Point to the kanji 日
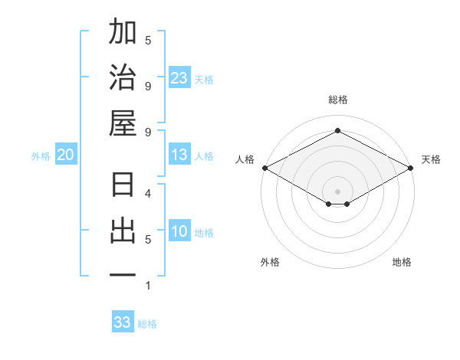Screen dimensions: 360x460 (x=123, y=186)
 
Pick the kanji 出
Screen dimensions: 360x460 (x=123, y=231)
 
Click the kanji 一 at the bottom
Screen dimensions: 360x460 (x=123, y=274)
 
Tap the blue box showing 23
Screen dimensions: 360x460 (x=179, y=78)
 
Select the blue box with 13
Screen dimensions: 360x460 (x=179, y=155)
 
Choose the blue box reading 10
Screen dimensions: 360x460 (x=179, y=232)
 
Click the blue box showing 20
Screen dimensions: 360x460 (x=65, y=155)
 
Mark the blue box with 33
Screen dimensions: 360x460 (x=123, y=322)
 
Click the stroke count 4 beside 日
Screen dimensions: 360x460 (x=148, y=194)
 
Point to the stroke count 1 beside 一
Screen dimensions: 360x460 (x=148, y=286)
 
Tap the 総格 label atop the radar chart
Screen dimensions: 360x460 (x=338, y=100)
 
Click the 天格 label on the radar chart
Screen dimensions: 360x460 (x=431, y=159)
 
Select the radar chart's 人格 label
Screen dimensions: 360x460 (x=245, y=159)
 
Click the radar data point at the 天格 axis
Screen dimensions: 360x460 (x=412, y=168)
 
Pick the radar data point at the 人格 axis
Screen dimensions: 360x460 (x=264, y=168)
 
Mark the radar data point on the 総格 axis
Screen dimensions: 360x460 (x=338, y=131)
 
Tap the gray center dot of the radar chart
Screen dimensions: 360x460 (x=338, y=191)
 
